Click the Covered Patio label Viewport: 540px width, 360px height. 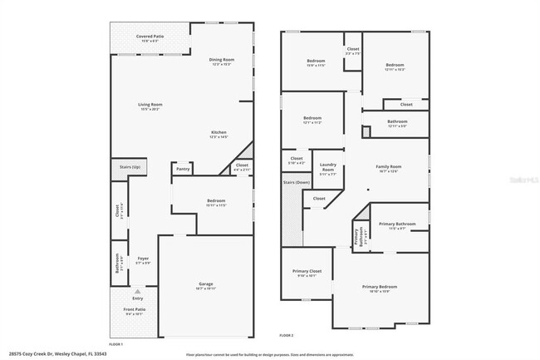150,37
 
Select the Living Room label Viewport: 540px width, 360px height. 150,105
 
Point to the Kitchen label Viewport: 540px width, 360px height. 218,132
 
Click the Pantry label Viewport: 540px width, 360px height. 182,168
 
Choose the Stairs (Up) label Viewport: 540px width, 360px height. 130,167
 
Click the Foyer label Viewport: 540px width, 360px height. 143,259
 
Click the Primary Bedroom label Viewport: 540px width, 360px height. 381,287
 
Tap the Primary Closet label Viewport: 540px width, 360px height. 307,271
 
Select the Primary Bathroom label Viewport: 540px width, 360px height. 397,224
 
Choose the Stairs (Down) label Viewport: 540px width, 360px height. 297,182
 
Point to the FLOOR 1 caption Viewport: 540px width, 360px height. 116,344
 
